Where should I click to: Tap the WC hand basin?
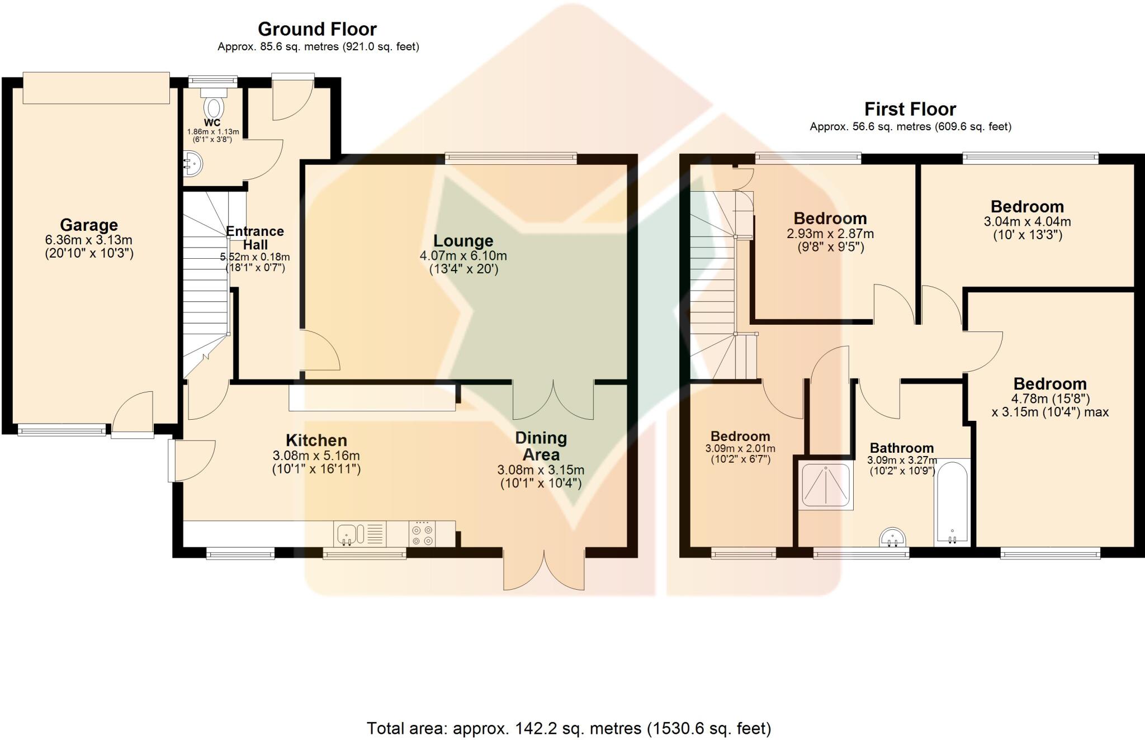(192, 164)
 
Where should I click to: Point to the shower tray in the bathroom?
(826, 484)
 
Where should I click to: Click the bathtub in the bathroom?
(952, 501)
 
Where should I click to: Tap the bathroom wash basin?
(892, 538)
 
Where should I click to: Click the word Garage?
(89, 225)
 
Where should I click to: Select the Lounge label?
(463, 241)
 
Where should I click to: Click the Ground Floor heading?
(317, 29)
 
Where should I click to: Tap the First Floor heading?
(910, 109)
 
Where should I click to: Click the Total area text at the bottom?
(569, 728)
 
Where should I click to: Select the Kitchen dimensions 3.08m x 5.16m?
(316, 456)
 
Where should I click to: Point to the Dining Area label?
(541, 445)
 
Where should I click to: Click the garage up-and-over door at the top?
(96, 88)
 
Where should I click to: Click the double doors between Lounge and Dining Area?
(553, 400)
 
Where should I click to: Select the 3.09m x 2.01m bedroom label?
(740, 448)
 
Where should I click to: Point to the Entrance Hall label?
(255, 238)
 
